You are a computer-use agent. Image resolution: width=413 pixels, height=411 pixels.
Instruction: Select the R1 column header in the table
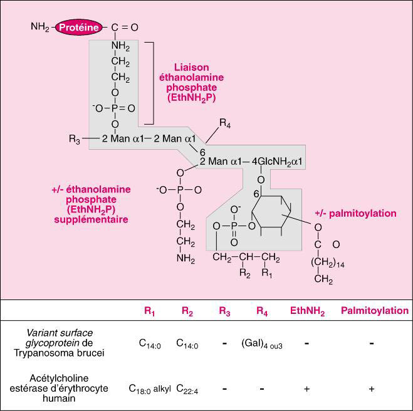pyautogui.click(x=149, y=311)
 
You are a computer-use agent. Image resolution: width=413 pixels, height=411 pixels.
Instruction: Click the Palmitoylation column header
pyautogui.click(x=374, y=311)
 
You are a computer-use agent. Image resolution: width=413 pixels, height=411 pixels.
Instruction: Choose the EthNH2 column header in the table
pyautogui.click(x=307, y=311)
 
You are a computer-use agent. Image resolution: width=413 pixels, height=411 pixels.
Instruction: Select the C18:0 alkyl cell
pyautogui.click(x=150, y=388)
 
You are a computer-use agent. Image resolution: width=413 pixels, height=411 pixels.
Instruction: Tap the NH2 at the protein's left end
pyautogui.click(x=39, y=28)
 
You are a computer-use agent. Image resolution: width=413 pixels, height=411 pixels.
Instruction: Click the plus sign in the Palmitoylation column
pyautogui.click(x=372, y=388)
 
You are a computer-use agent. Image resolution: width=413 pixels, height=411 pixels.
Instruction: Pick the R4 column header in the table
pyautogui.click(x=262, y=311)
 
